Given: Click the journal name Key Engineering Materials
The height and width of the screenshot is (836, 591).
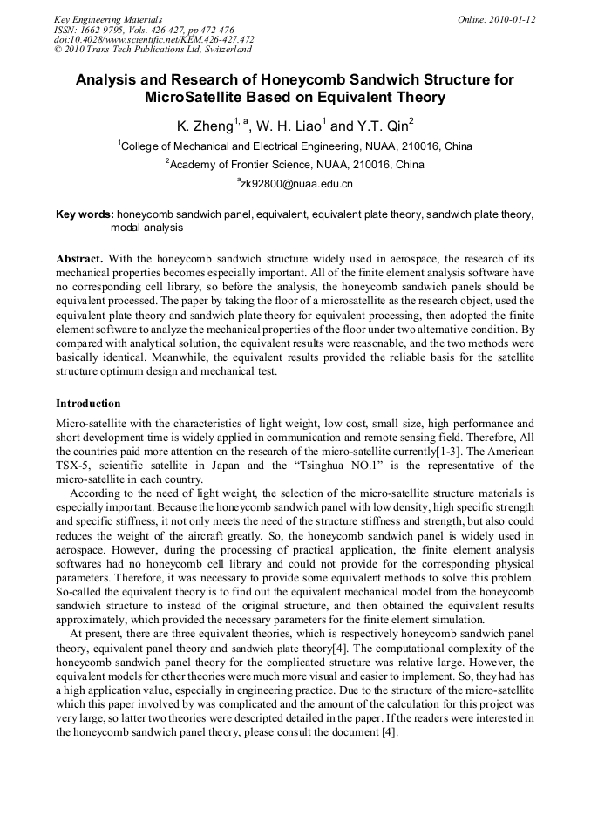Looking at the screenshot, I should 107,19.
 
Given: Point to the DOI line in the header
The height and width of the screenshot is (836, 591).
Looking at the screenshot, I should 153,39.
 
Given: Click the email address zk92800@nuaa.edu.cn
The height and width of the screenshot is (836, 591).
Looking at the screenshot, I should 296,184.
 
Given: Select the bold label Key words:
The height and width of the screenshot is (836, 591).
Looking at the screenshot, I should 85,214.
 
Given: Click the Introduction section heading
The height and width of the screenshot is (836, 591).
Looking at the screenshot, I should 88,404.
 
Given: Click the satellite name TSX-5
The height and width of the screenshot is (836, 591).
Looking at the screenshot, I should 72,466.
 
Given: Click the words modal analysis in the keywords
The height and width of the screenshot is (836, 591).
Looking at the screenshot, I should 146,227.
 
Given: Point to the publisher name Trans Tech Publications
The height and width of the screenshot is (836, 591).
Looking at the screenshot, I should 131,49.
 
